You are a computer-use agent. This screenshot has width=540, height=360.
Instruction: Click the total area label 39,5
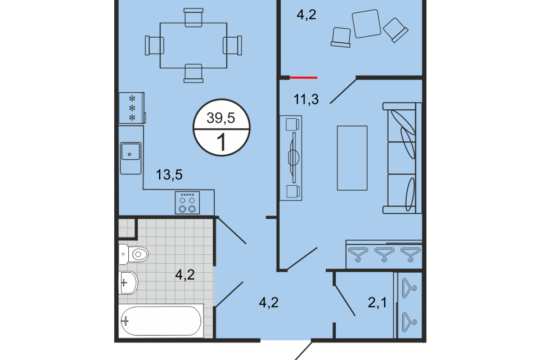click(220, 118)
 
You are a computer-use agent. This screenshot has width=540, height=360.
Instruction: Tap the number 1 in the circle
click(222, 142)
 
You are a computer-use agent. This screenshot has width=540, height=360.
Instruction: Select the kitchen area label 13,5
click(169, 175)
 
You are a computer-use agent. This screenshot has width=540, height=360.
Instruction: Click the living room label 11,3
click(306, 99)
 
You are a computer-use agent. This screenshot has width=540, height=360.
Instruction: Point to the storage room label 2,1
click(377, 303)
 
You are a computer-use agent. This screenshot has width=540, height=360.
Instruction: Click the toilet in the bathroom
click(133, 254)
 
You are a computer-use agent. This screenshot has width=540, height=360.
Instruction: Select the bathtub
click(160, 321)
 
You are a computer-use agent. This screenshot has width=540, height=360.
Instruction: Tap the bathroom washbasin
click(128, 283)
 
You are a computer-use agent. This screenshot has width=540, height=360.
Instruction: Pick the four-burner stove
click(187, 202)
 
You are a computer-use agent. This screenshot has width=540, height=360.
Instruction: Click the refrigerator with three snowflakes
click(132, 108)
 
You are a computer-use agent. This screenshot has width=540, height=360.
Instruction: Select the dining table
click(193, 46)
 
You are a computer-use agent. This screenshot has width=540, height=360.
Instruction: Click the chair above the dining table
click(193, 17)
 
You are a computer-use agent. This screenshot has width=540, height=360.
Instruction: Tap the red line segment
click(303, 78)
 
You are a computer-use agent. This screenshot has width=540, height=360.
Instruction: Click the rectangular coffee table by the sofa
click(352, 157)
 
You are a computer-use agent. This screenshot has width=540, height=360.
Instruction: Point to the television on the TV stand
click(294, 157)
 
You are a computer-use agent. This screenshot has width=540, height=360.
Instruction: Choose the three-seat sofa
click(402, 157)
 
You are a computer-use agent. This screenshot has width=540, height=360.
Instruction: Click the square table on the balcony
click(366, 24)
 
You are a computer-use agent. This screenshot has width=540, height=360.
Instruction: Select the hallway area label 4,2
click(269, 303)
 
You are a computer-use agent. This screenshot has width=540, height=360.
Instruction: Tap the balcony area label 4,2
click(306, 15)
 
